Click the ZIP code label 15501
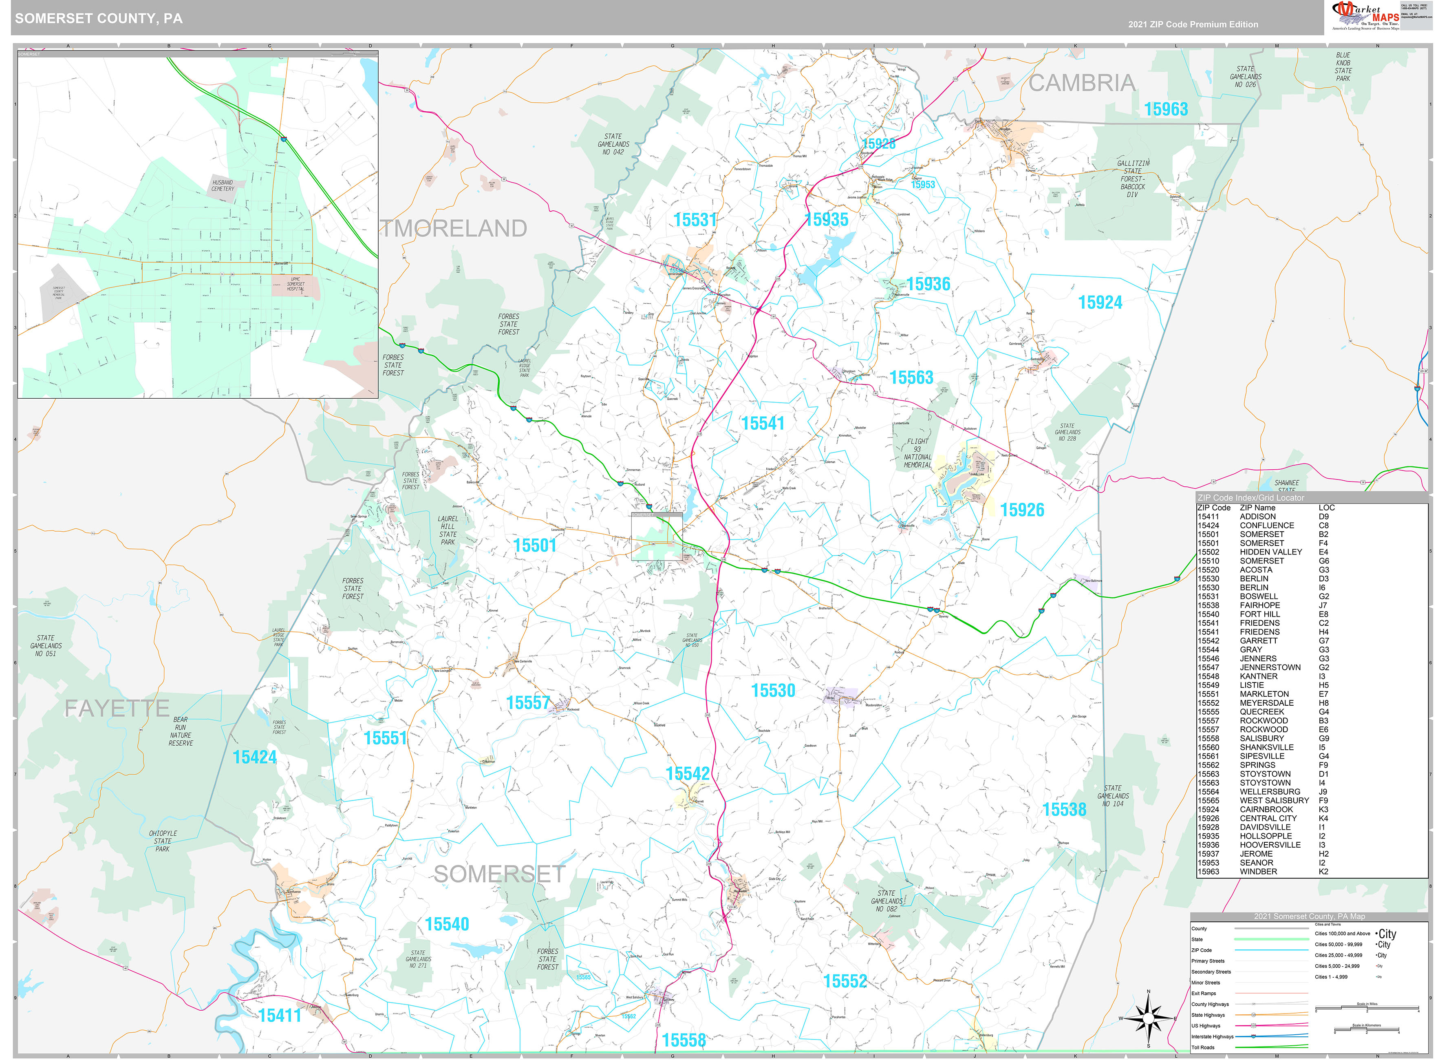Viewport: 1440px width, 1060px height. (x=534, y=545)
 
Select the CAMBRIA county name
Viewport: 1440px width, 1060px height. (x=1081, y=83)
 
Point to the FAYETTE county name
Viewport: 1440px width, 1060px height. (x=117, y=709)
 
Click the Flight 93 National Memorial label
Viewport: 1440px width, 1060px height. (x=917, y=453)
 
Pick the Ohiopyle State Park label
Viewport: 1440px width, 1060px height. (x=163, y=841)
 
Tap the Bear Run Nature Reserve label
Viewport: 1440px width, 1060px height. (x=181, y=731)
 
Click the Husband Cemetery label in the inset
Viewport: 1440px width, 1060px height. (x=223, y=185)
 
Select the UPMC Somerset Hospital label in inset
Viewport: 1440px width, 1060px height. (x=295, y=284)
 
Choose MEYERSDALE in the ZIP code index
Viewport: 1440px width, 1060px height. (x=1266, y=702)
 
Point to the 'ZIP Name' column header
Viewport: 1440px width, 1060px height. (x=1257, y=508)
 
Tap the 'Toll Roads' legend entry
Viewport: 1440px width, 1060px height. (x=1203, y=1047)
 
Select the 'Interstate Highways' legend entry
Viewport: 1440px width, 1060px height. (x=1212, y=1036)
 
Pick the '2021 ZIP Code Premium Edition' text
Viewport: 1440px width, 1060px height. (x=1193, y=24)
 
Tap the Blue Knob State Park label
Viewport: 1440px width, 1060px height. (x=1343, y=67)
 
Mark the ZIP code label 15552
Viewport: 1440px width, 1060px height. (x=845, y=981)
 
